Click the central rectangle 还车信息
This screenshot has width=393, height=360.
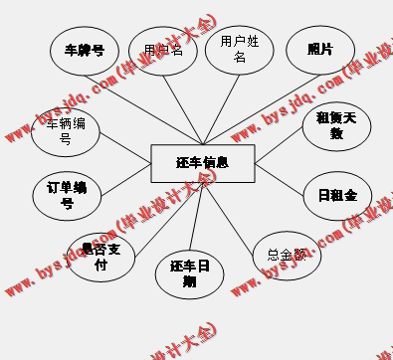[x=202, y=163]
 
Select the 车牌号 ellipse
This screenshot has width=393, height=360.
[x=85, y=51]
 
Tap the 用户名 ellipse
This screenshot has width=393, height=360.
[x=163, y=51]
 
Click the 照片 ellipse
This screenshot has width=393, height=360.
[x=319, y=50]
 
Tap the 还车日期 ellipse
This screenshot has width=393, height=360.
[x=189, y=273]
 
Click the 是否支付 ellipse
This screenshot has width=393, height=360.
[x=100, y=258]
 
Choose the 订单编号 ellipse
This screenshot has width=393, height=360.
[x=67, y=196]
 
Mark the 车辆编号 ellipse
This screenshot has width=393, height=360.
[x=66, y=131]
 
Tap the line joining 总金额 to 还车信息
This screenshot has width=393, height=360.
[x=239, y=210]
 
